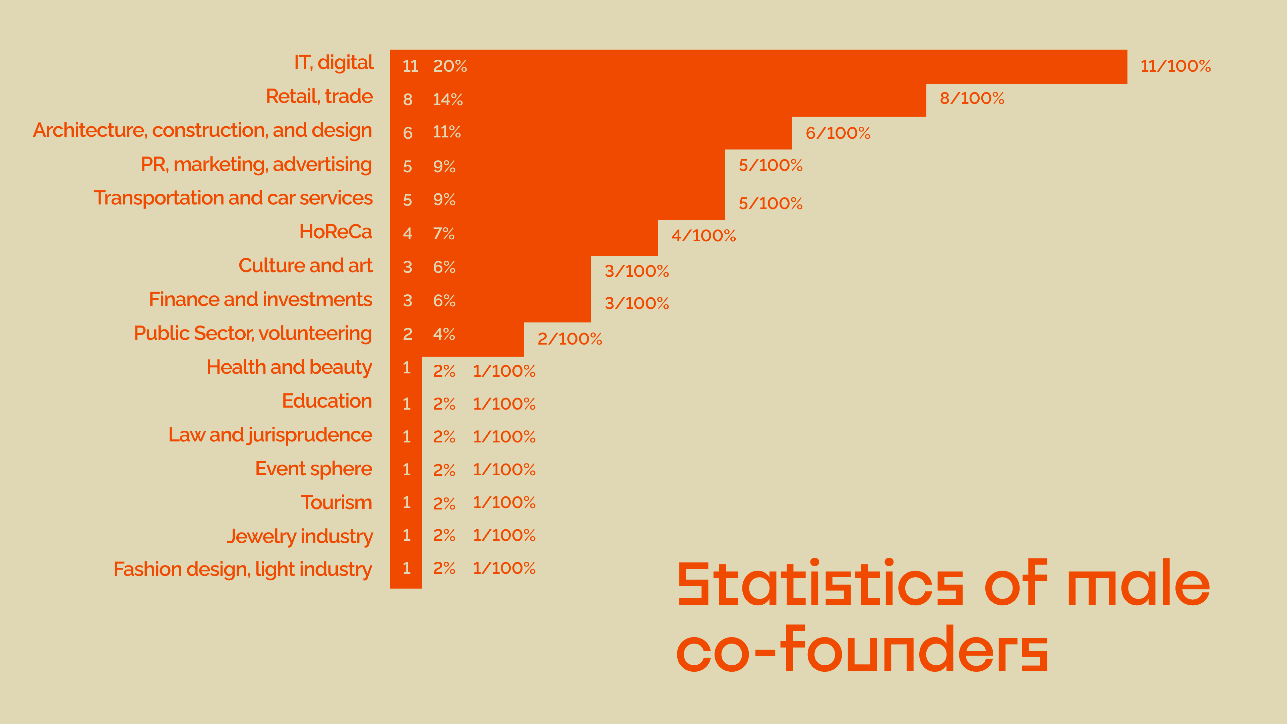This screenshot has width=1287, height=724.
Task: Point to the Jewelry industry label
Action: point(300,536)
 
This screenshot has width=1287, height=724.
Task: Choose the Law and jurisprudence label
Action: point(270,435)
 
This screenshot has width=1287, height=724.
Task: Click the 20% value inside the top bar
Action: point(450,66)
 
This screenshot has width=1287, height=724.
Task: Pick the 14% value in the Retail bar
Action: point(448,100)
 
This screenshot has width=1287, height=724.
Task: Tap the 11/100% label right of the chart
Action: point(1176,66)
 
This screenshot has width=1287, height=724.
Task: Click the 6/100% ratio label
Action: point(838,133)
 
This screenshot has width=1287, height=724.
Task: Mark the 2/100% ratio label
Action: point(569,339)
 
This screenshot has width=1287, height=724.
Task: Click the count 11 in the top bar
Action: point(410,66)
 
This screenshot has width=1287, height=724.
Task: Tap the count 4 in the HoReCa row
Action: point(408,233)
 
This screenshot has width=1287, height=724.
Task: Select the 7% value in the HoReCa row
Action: point(444,233)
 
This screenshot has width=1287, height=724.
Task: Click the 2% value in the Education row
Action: point(444,404)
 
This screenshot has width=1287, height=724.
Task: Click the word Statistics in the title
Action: point(820,583)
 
